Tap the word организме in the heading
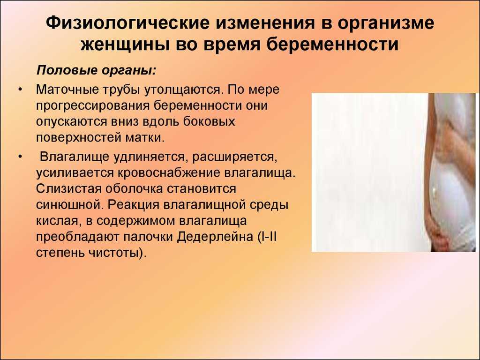pos(386,23)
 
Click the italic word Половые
pos(67,70)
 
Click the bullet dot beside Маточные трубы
pos(20,90)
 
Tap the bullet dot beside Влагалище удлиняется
pos(20,157)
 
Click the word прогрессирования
pos(93,106)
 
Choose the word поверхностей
pos(78,138)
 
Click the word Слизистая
pos(68,188)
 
